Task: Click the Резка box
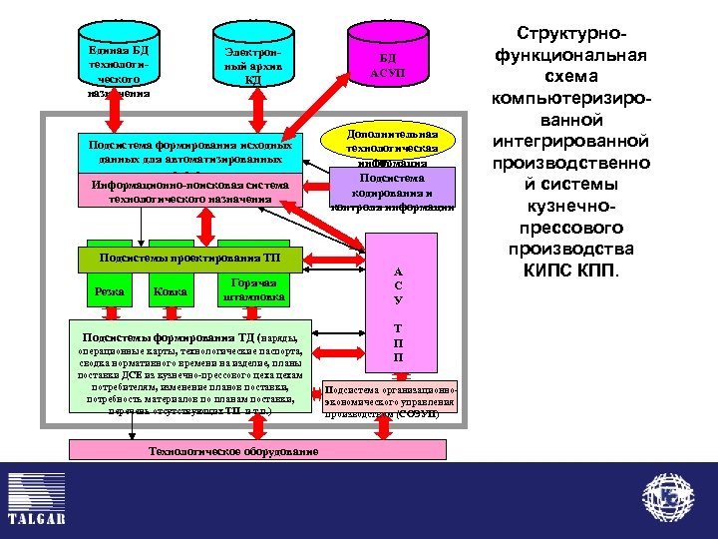tap(109, 290)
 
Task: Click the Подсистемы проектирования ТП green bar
tap(189, 259)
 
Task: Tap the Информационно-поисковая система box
tap(189, 192)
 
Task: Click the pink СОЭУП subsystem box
tap(391, 397)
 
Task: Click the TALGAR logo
tap(36, 499)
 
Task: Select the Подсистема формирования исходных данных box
tap(189, 152)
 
